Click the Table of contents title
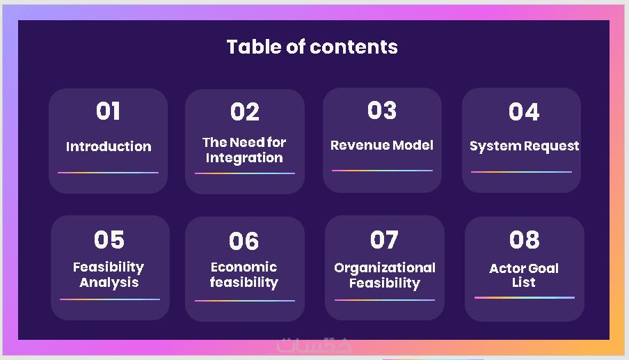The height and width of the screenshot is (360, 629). pyautogui.click(x=312, y=47)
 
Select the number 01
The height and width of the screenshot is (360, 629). pyautogui.click(x=108, y=111)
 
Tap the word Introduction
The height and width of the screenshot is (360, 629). pyautogui.click(x=109, y=146)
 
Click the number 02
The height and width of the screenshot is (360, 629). pyautogui.click(x=245, y=111)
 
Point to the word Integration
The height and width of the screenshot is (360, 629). pyautogui.click(x=244, y=158)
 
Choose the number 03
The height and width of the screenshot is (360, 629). pyautogui.click(x=382, y=111)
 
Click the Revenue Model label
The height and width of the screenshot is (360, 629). pyautogui.click(x=382, y=145)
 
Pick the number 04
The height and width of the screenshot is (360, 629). pyautogui.click(x=524, y=111)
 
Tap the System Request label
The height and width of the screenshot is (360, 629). pyautogui.click(x=525, y=146)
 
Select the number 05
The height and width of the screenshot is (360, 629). pyautogui.click(x=109, y=240)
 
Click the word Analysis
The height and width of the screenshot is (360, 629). pyautogui.click(x=109, y=283)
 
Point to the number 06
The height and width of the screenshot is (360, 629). pyautogui.click(x=244, y=241)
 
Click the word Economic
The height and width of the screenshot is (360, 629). pyautogui.click(x=244, y=267)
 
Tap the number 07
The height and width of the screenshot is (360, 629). pyautogui.click(x=384, y=240)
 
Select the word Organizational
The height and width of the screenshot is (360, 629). pyautogui.click(x=385, y=268)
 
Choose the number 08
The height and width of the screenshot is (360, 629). pyautogui.click(x=525, y=240)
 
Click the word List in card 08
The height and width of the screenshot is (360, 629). pyautogui.click(x=523, y=282)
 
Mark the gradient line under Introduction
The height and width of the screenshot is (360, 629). pyautogui.click(x=109, y=173)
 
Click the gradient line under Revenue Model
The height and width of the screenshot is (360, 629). pyautogui.click(x=382, y=171)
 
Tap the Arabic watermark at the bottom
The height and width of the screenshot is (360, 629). pyautogui.click(x=314, y=345)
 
